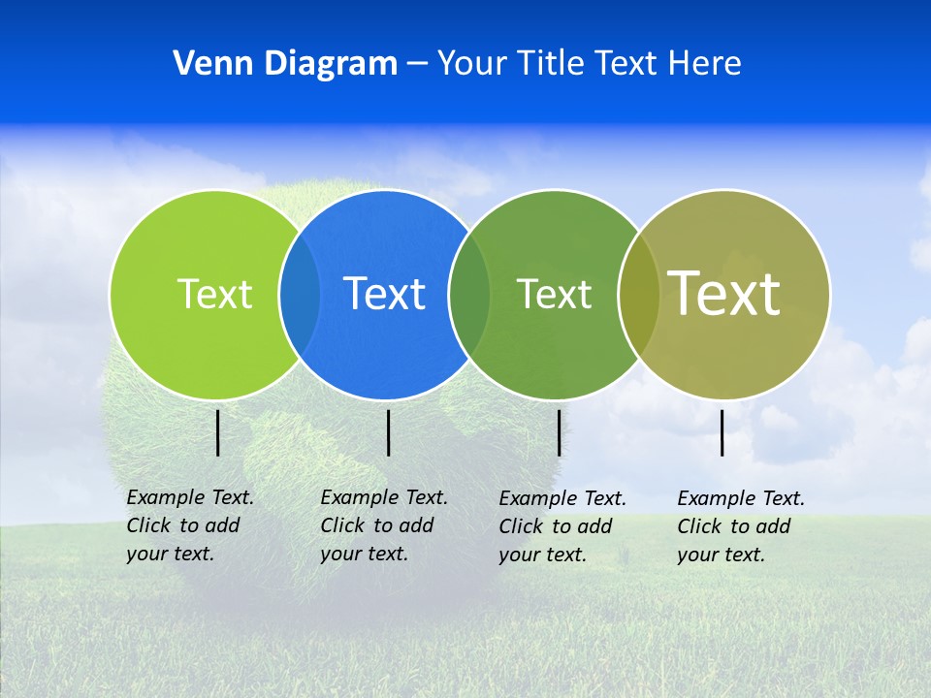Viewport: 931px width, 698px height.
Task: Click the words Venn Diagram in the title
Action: pos(285,64)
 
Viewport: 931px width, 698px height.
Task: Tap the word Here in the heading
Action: pos(704,64)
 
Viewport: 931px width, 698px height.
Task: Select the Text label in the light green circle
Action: pos(214,294)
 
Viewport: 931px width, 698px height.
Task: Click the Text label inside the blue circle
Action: pos(385,294)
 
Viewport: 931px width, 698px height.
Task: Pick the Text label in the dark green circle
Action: pos(554,294)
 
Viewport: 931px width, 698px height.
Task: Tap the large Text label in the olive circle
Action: pos(724,294)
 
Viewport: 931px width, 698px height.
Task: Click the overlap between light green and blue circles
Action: pos(300,294)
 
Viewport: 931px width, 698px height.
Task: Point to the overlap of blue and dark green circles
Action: pos(469,294)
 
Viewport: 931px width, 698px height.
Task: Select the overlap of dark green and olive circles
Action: pos(639,294)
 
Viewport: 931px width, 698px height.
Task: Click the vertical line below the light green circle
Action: pos(218,432)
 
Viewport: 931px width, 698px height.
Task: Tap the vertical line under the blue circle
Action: pos(388,432)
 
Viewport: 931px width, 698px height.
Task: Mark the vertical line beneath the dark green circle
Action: pos(559,432)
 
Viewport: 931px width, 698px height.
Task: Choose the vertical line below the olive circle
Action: pos(722,432)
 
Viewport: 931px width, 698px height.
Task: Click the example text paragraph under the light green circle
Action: pos(190,525)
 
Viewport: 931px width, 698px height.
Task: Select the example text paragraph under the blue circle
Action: pos(384,525)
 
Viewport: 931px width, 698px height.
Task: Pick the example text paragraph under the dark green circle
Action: pos(562,526)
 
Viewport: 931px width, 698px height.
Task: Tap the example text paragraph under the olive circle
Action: pos(741,526)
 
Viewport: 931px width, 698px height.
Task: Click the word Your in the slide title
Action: pos(471,64)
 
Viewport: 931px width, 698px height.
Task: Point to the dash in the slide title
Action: pos(417,65)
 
